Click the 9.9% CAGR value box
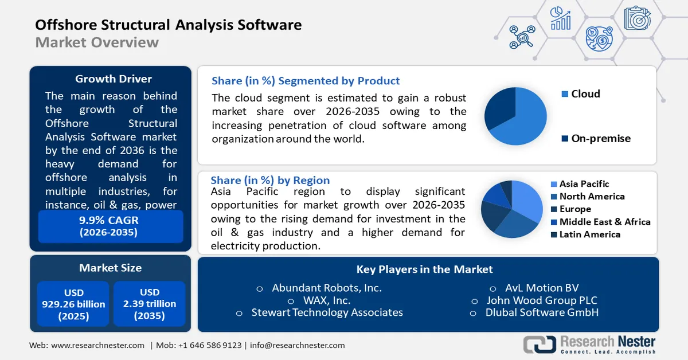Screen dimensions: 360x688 110,226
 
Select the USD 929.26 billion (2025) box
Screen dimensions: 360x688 73,304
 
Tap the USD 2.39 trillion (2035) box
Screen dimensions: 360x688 149,304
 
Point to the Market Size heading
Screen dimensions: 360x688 110,268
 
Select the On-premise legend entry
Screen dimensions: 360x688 596,138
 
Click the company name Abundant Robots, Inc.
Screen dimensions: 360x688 326,288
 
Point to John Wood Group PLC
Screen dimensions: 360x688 542,300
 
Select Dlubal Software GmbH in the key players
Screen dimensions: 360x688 542,312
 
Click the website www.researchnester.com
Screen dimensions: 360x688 97,345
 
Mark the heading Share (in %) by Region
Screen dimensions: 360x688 270,180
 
